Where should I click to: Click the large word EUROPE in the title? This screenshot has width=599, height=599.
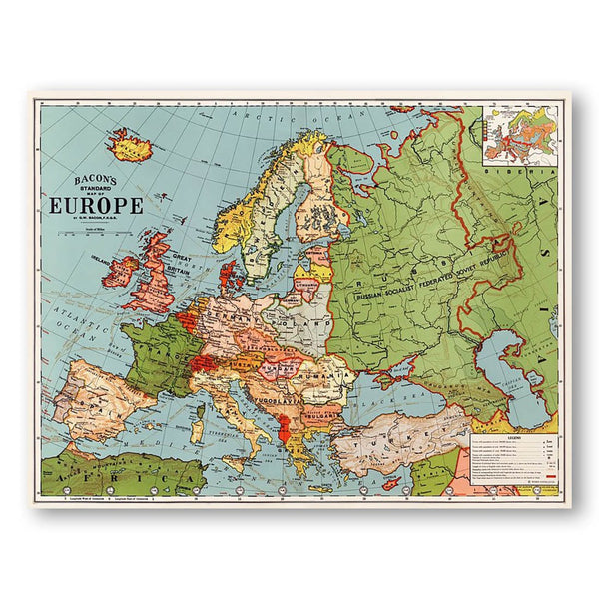[96, 207]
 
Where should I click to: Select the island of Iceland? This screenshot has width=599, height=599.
[130, 146]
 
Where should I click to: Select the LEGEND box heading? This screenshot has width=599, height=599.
[514, 438]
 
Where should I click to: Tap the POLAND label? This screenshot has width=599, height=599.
[299, 322]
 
